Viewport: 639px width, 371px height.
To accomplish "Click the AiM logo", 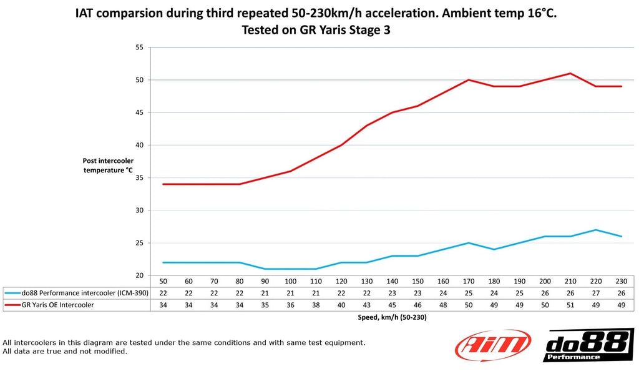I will [x=493, y=345].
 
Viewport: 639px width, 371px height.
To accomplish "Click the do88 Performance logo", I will [x=588, y=345].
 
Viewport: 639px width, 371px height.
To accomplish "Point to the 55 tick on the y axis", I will [x=139, y=47].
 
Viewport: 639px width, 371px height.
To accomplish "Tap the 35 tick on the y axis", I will [x=139, y=178].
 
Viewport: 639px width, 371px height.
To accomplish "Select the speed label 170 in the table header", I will [x=468, y=282].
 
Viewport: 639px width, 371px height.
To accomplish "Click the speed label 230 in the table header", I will [x=622, y=282].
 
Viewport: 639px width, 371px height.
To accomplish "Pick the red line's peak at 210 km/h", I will [x=570, y=74].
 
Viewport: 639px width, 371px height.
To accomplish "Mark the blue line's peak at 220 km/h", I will [x=596, y=230].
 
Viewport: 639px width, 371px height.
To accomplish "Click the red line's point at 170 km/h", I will [x=468, y=80].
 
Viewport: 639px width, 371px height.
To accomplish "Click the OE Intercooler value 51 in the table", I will [x=570, y=305].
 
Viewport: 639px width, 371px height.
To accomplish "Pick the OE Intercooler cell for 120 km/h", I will [x=341, y=305].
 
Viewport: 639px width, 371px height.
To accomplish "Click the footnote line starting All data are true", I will [x=65, y=351].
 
